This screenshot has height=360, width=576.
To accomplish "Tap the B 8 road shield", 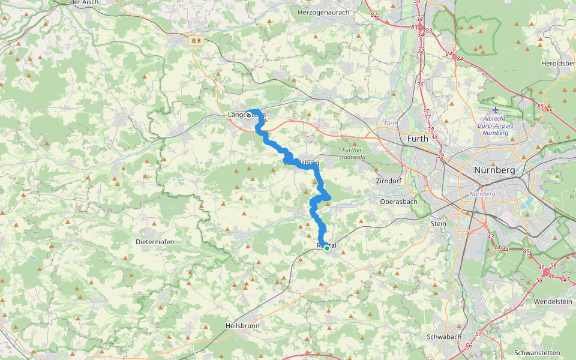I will (196, 41).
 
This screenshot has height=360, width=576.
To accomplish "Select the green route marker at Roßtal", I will (327, 247).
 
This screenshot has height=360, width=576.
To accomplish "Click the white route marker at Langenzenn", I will (248, 115).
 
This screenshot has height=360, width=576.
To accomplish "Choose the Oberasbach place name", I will (398, 202).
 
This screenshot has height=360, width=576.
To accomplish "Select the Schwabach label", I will (443, 337).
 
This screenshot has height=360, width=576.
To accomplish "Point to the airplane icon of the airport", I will (496, 110).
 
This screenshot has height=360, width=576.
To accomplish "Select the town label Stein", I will (439, 223).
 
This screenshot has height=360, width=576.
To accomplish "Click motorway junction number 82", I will (374, 14).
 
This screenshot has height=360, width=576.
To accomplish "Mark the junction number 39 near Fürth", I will (441, 156).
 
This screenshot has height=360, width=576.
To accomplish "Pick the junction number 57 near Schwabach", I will (478, 334).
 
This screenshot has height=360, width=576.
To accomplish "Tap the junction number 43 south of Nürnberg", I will (490, 236).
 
